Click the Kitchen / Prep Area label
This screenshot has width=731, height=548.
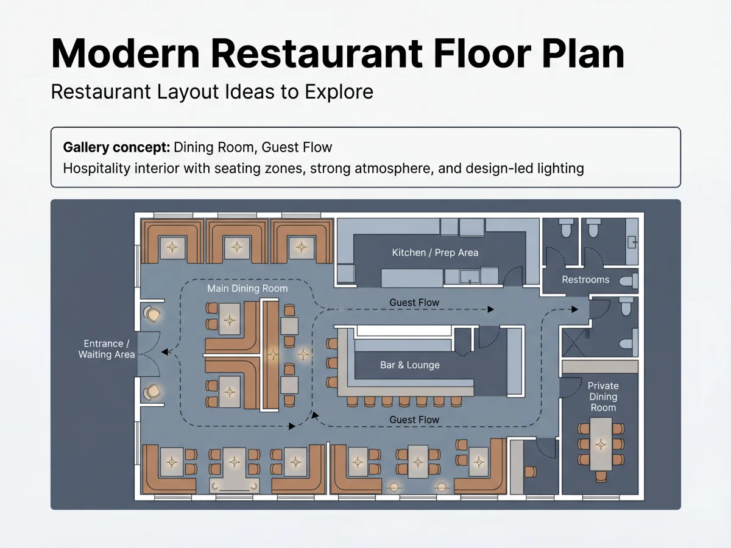[x=435, y=253]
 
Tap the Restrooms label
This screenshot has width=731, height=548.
[x=585, y=279]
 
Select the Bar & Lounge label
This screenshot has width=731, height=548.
[x=409, y=365]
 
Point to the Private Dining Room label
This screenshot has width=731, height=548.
[x=603, y=396]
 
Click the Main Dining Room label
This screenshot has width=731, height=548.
[x=247, y=288]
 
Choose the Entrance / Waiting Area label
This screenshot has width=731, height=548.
[x=107, y=349]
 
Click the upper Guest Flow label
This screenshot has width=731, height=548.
[x=414, y=303]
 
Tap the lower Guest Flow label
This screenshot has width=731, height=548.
[x=414, y=420]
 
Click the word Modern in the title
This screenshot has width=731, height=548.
[x=125, y=54]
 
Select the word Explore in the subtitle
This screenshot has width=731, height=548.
[x=339, y=91]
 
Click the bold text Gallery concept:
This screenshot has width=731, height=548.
[x=116, y=147]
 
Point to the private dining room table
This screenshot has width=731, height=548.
[x=601, y=444]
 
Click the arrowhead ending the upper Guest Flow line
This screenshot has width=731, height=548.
[x=490, y=309]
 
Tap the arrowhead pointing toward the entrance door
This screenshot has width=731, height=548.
[x=165, y=352]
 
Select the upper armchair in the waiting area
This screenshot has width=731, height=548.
[x=152, y=314]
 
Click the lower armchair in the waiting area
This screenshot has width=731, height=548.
[x=152, y=392]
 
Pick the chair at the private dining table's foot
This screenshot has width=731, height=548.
[x=601, y=477]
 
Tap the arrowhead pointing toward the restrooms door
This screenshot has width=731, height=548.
[x=575, y=309]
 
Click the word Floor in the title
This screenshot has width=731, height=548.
[x=482, y=54]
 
